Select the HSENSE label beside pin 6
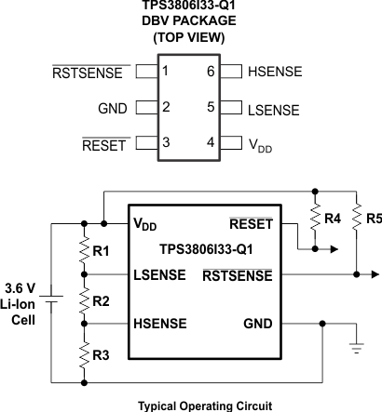tap(275, 72)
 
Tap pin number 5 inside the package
tap(211, 108)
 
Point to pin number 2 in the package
tap(165, 108)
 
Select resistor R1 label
tap(102, 252)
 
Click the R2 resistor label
tap(102, 301)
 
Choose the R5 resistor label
tap(374, 219)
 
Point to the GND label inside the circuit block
tap(256, 324)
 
